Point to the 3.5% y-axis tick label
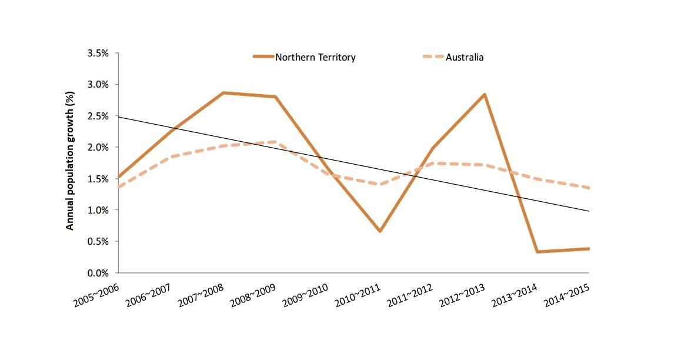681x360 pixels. pyautogui.click(x=98, y=53)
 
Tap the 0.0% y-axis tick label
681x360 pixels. pyautogui.click(x=98, y=273)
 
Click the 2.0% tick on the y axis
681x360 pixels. pyautogui.click(x=98, y=147)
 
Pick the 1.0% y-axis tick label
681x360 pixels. pyautogui.click(x=98, y=210)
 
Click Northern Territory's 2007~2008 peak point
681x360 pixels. pyautogui.click(x=223, y=92)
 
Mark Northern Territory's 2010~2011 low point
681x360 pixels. pyautogui.click(x=380, y=231)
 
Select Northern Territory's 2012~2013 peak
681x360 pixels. pyautogui.click(x=485, y=94)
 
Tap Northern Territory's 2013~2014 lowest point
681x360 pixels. pyautogui.click(x=537, y=252)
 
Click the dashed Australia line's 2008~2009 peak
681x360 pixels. pyautogui.click(x=275, y=142)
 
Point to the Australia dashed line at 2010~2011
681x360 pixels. pyautogui.click(x=380, y=184)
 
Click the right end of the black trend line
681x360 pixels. pyautogui.click(x=589, y=211)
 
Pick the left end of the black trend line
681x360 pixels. pyautogui.click(x=118, y=116)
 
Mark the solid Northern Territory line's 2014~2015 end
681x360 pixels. pyautogui.click(x=588, y=249)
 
